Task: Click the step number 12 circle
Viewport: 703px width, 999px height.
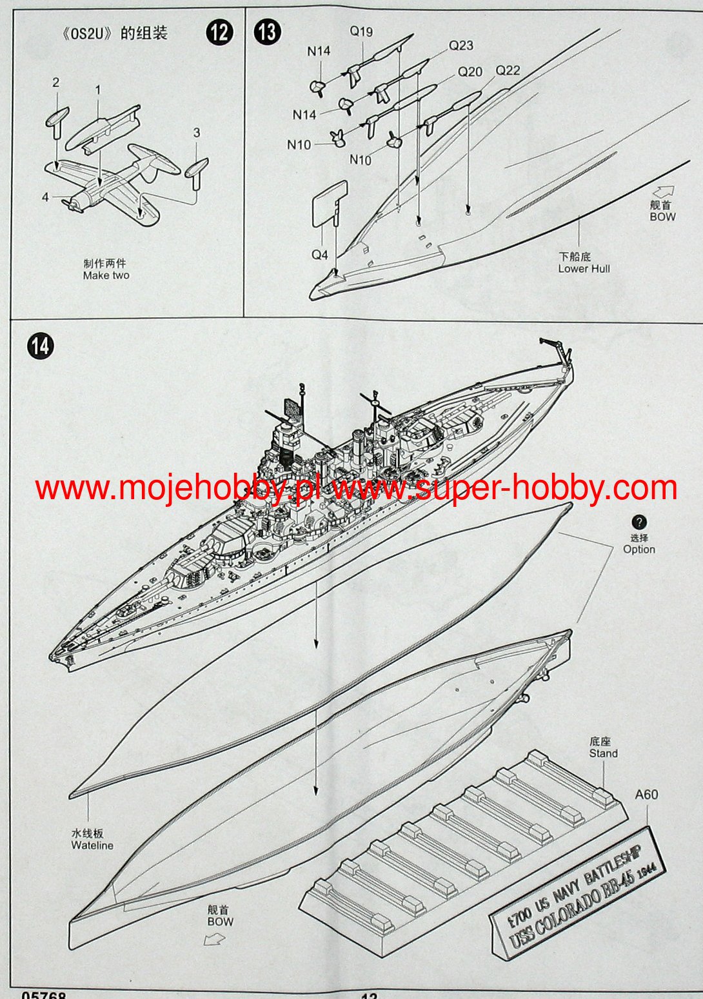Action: [219, 32]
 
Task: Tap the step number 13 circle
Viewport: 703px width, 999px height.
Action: [267, 32]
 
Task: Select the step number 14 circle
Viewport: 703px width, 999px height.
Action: [40, 346]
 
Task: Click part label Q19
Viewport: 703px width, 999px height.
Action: [361, 31]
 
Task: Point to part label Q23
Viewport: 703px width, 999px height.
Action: [460, 45]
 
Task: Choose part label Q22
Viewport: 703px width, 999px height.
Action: [508, 70]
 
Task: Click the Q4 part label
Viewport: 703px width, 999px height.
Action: [320, 255]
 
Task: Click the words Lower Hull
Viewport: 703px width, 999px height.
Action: [584, 269]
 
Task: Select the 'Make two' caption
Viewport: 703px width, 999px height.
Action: [106, 275]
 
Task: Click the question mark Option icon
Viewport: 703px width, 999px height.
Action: [639, 522]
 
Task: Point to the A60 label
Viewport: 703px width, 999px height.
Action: [646, 795]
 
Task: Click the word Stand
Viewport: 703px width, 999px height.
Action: [603, 753]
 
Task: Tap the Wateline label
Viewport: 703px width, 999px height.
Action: [92, 846]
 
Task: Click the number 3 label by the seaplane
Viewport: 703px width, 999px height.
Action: [197, 132]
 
